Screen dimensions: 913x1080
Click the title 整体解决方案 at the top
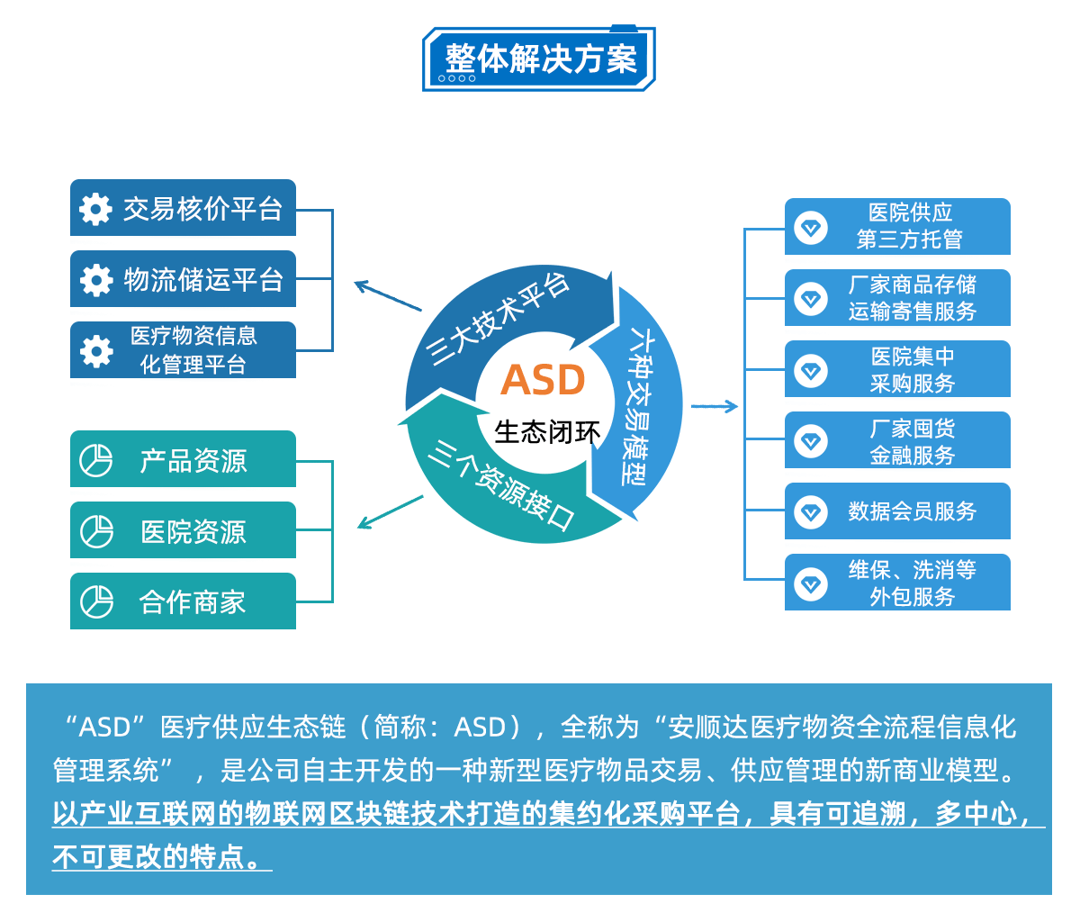pos(539,59)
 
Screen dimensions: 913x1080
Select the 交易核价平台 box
pos(184,209)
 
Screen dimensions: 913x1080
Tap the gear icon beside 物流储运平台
pos(96,280)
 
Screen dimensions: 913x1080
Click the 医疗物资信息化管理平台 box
pos(184,350)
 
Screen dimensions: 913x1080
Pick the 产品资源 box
pos(184,460)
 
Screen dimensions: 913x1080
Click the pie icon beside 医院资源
pos(96,531)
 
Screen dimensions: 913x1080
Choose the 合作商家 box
pos(184,601)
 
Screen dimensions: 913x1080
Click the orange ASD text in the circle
pos(543,380)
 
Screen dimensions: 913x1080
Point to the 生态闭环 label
pos(547,432)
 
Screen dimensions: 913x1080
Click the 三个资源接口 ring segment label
pos(499,484)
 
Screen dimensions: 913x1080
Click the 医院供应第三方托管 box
pos(897,226)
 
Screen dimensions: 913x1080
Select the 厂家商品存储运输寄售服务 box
pos(897,298)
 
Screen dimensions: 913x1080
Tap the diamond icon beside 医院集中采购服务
pos(811,369)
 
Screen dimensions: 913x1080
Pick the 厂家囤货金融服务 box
pos(897,441)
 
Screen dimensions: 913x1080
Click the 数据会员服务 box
pos(897,511)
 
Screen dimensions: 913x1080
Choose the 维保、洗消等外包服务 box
pos(897,583)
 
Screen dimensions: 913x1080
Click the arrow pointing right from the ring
pos(715,407)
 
